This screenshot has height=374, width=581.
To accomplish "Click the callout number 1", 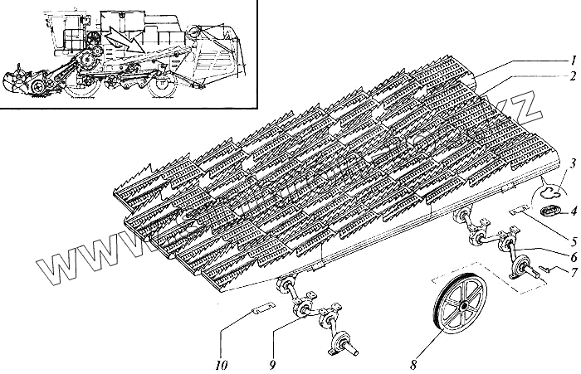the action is tap(573, 61).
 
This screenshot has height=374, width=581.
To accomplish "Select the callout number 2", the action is tap(573, 78).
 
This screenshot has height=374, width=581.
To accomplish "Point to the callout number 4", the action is tap(573, 199).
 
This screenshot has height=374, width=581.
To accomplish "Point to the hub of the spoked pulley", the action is tap(456, 308).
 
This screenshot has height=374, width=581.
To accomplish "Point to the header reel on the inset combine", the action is tap(21, 81).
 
